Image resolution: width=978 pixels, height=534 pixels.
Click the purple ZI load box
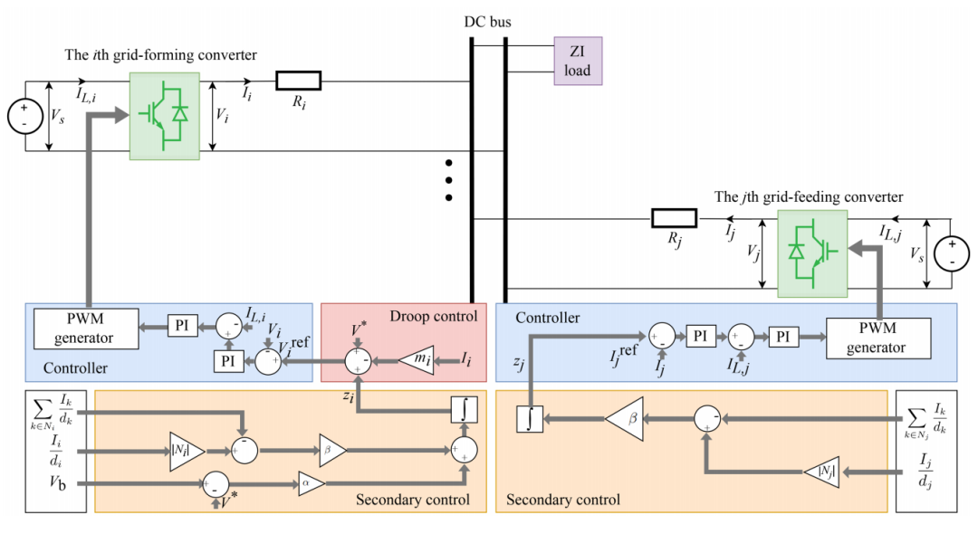(x=578, y=62)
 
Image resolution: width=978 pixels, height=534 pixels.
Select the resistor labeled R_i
(x=298, y=81)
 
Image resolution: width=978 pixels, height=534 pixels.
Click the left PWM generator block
(x=86, y=329)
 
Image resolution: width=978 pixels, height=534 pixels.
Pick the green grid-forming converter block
(x=164, y=116)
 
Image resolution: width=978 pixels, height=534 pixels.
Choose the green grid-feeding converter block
(x=811, y=253)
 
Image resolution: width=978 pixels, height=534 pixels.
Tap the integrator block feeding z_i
(x=464, y=410)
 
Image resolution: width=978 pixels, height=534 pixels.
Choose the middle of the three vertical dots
(x=447, y=180)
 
